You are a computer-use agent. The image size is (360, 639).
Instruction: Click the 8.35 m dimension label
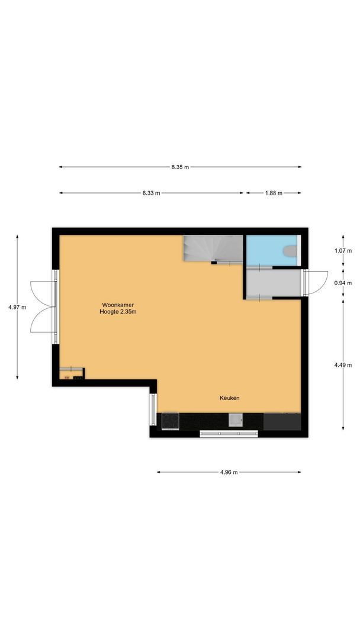tap(180, 167)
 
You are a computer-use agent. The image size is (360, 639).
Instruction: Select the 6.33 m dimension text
tap(151, 193)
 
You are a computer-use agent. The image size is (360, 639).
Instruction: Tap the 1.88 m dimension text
tap(274, 193)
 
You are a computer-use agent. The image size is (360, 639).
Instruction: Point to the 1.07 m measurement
tap(343, 251)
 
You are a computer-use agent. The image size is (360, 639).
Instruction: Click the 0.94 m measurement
tap(343, 283)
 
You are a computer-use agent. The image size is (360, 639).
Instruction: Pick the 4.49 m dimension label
tap(343, 365)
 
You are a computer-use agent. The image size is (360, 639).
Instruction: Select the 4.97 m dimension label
tap(17, 307)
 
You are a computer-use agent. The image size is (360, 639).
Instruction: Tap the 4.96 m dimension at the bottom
tap(229, 472)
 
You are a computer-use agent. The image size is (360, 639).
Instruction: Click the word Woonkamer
tap(117, 305)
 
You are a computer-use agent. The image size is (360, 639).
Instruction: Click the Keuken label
tap(230, 398)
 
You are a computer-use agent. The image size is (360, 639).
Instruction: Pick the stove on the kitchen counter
tap(171, 420)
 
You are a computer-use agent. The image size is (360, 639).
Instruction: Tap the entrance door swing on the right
tap(317, 282)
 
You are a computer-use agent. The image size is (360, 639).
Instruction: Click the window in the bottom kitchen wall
tap(229, 434)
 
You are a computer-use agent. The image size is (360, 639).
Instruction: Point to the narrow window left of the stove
tap(153, 410)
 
